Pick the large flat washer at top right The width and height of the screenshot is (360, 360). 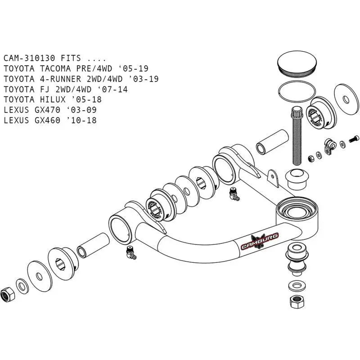346,96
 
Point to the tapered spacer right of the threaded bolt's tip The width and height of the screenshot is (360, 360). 297,179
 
